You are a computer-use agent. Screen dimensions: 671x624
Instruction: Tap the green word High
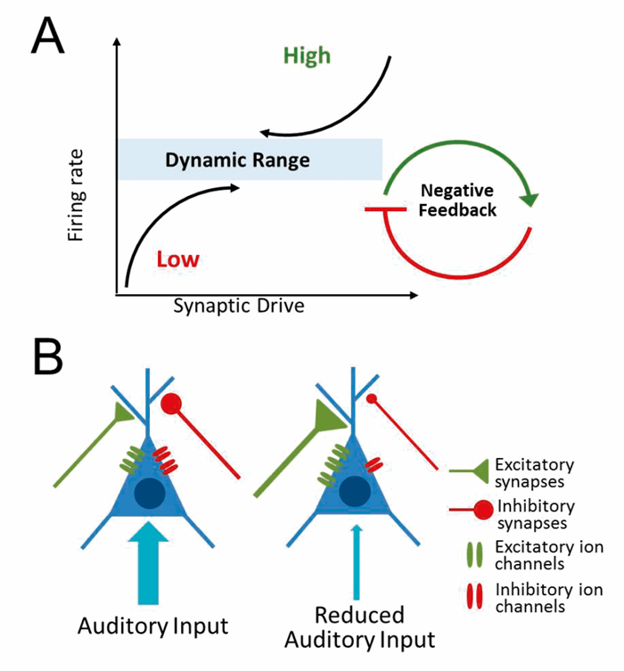pos(307,55)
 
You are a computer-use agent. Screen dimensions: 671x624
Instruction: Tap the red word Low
pos(177,260)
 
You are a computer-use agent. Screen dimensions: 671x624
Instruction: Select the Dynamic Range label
pos(237,160)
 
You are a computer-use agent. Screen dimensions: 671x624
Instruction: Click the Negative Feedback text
pos(457,200)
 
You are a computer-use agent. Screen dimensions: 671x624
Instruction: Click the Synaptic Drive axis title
pos(238,306)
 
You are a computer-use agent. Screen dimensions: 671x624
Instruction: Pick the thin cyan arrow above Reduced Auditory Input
pos(357,561)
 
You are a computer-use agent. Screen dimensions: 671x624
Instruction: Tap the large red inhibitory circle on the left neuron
pos(171,406)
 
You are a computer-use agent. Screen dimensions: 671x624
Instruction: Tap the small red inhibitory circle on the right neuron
pos(373,398)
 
